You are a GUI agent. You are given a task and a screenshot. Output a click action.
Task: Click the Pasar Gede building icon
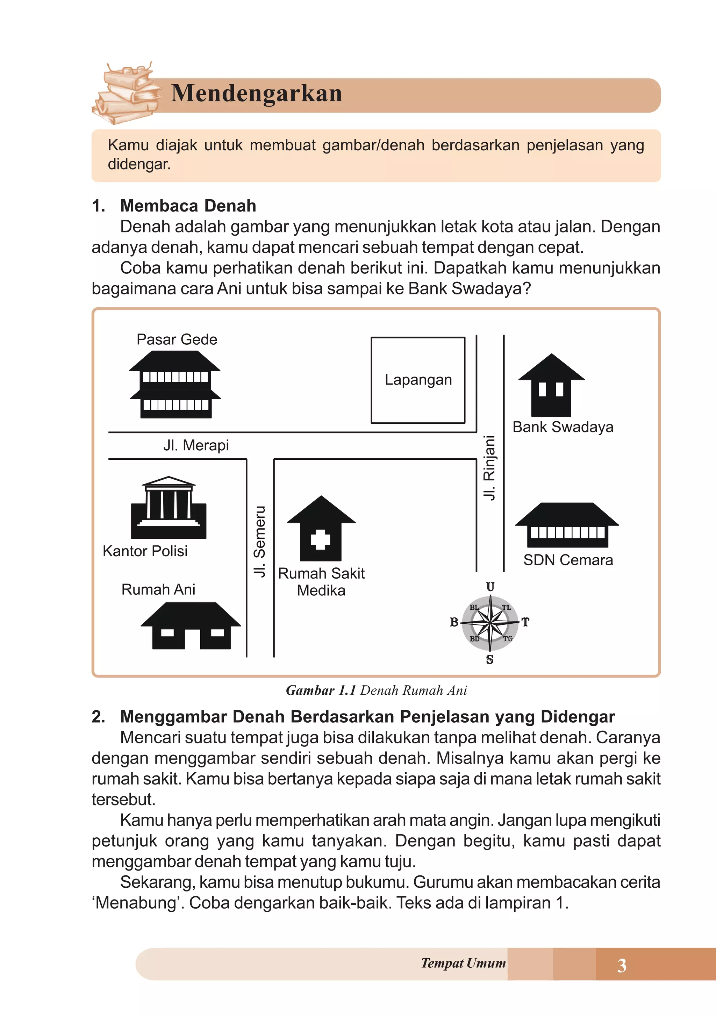click(x=175, y=385)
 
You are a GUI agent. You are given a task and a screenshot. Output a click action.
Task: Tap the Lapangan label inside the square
click(x=418, y=380)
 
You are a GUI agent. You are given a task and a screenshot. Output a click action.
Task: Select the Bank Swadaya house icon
click(x=551, y=385)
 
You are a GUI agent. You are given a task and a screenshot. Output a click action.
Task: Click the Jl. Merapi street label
click(x=196, y=445)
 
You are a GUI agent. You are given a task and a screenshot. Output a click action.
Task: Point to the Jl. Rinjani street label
click(x=489, y=468)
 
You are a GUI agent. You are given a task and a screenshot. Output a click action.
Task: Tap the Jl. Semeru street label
click(x=260, y=541)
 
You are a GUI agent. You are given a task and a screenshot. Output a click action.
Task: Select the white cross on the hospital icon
click(x=320, y=539)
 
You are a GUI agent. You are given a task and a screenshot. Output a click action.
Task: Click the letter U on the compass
click(x=490, y=587)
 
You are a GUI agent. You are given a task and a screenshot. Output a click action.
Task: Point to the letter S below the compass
click(x=489, y=660)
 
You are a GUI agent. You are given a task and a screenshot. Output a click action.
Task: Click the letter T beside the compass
click(x=525, y=622)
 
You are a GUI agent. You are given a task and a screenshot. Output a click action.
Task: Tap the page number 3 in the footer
click(x=622, y=965)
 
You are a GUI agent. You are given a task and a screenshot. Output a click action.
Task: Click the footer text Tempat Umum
click(x=463, y=963)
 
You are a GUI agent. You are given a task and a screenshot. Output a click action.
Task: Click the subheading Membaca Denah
click(x=188, y=206)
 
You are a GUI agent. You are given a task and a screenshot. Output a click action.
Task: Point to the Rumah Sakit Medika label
click(x=321, y=582)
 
